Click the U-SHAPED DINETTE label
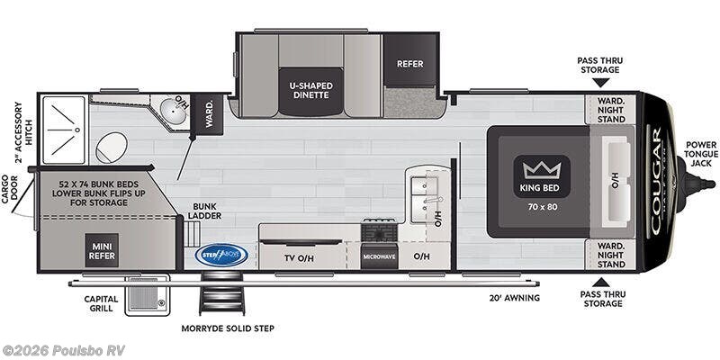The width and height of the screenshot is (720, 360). pyautogui.click(x=310, y=91)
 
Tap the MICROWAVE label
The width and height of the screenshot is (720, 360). pyautogui.click(x=380, y=256)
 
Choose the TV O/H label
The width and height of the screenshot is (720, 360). pyautogui.click(x=299, y=256)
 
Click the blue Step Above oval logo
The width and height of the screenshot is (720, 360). pyautogui.click(x=221, y=255)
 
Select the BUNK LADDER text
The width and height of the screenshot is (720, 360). pyautogui.click(x=204, y=211)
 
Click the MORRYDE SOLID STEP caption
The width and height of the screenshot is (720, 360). pyautogui.click(x=227, y=328)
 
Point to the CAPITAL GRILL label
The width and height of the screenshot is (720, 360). pyautogui.click(x=100, y=303)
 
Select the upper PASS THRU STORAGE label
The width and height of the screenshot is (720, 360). pyautogui.click(x=599, y=65)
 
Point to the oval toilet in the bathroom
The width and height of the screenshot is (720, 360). pyautogui.click(x=111, y=148)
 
